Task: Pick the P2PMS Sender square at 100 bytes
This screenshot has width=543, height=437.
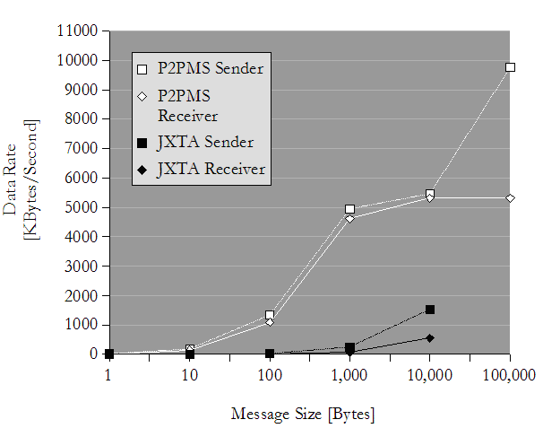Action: click(270, 315)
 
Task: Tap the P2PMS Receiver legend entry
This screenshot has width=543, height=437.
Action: click(187, 104)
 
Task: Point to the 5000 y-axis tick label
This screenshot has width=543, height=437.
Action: click(83, 207)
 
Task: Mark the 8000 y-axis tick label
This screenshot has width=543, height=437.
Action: click(83, 118)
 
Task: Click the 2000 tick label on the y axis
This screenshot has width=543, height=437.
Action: click(83, 295)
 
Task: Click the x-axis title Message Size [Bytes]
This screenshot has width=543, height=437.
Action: click(303, 414)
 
